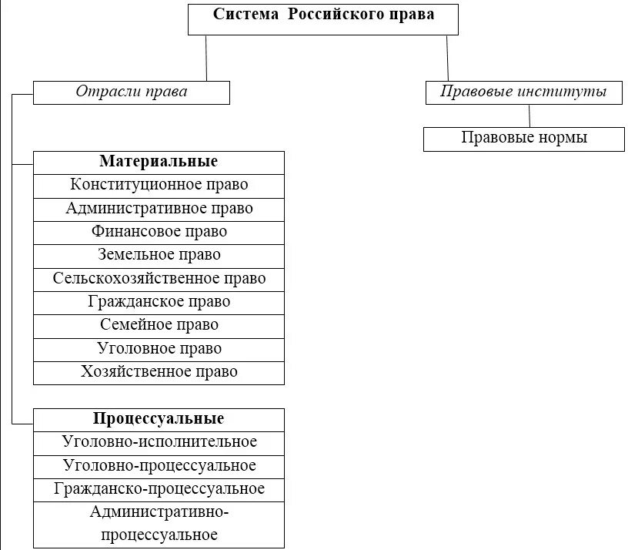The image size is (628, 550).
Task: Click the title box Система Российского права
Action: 323,18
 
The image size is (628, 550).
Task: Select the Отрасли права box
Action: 132,92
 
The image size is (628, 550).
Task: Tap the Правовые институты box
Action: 523,92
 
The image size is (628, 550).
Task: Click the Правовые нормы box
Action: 524,139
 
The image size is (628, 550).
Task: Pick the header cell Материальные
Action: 159,163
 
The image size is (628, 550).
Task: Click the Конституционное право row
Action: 159,186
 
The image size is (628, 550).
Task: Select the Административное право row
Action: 159,209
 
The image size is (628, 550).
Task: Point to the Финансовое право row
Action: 159,232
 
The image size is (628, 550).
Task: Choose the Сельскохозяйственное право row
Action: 159,279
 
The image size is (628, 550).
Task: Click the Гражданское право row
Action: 159,302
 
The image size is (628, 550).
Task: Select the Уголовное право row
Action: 159,349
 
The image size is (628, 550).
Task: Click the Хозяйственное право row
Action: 159,372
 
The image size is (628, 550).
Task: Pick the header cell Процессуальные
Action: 159,419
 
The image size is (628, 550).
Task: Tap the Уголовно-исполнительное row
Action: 159,442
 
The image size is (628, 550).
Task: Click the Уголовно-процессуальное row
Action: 159,466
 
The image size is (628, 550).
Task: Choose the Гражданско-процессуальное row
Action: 159,489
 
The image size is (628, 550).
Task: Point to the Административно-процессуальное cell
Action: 159,524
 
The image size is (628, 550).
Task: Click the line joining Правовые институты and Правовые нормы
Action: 529,116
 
